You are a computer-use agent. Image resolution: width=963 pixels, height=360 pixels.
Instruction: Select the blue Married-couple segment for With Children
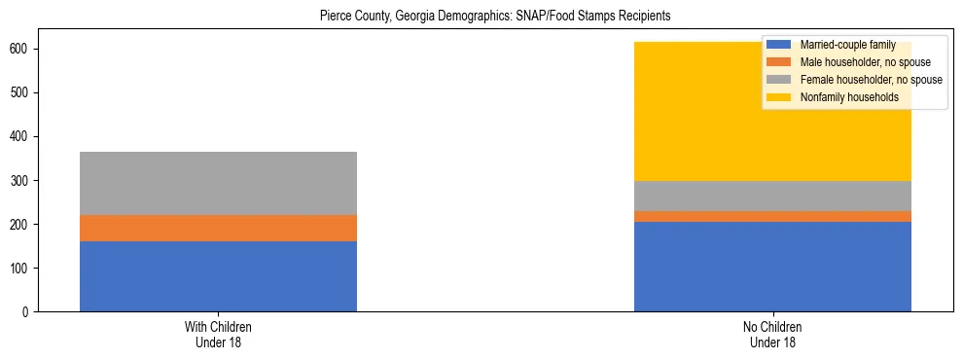coord(218,276)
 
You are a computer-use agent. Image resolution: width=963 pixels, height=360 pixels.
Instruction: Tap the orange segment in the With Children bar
coord(218,228)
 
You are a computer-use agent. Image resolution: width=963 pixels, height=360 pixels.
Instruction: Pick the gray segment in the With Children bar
coord(218,183)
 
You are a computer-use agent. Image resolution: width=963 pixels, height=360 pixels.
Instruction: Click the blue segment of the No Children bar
coord(772,267)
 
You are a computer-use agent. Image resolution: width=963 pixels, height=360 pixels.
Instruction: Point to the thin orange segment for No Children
coord(772,217)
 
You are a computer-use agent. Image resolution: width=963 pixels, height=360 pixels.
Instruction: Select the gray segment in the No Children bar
coord(772,197)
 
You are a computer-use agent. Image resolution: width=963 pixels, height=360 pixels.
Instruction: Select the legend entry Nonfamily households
coord(842,97)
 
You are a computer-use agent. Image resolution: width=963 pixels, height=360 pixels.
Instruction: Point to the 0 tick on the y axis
coord(23,312)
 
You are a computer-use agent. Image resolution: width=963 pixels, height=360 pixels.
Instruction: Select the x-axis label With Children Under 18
coord(218,335)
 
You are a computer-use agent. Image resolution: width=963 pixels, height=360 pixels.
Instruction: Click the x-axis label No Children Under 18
coord(772,335)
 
